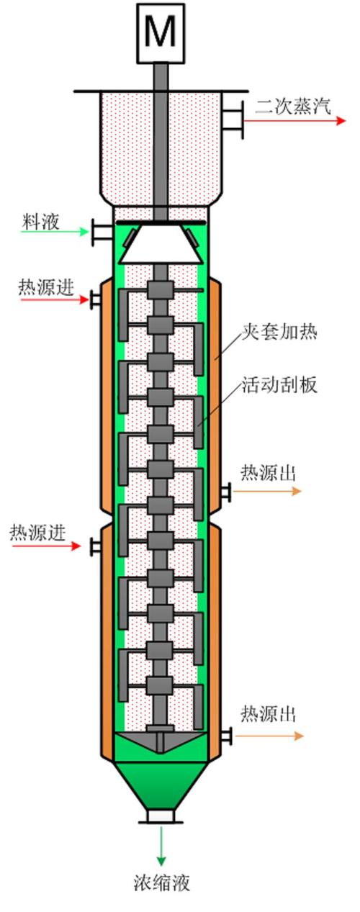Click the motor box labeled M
click(x=161, y=32)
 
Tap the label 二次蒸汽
click(x=293, y=107)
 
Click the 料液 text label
click(x=40, y=222)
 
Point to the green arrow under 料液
click(x=54, y=232)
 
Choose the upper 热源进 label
click(x=46, y=288)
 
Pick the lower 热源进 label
click(x=37, y=533)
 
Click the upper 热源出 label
click(x=268, y=473)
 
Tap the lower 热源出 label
click(x=268, y=714)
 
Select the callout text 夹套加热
click(x=279, y=332)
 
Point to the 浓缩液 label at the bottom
click(x=162, y=882)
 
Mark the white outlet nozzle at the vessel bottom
click(x=161, y=816)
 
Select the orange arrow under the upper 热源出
click(x=267, y=491)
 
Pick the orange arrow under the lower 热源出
click(x=269, y=736)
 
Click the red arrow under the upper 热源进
click(x=54, y=299)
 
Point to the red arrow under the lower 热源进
click(x=47, y=546)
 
